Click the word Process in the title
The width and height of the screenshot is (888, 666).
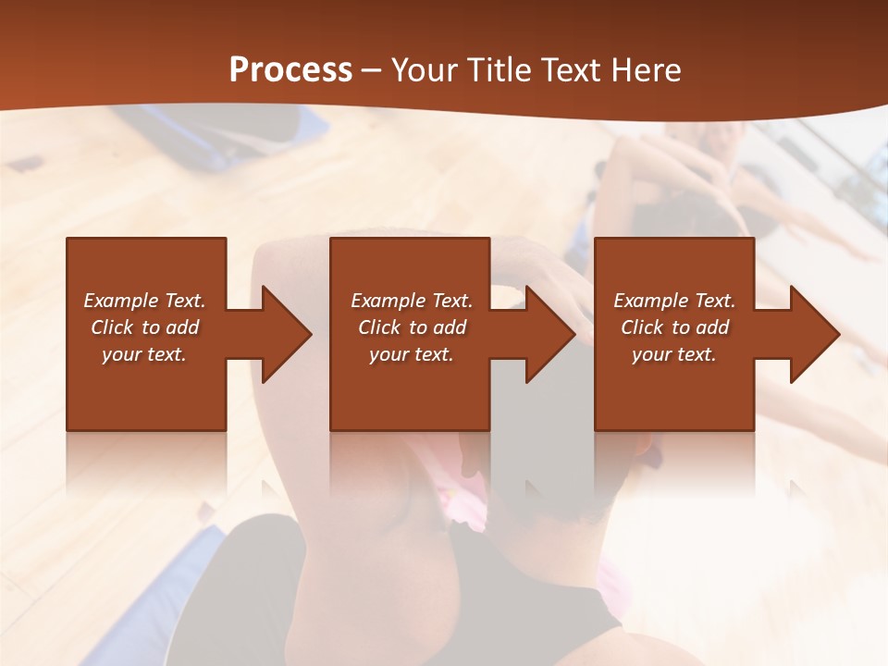click(290, 70)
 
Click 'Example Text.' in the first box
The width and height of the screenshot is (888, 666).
click(144, 301)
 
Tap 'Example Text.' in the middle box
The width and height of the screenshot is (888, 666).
click(412, 301)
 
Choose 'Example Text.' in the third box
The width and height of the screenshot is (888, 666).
click(674, 301)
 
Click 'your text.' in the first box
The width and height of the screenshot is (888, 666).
click(144, 354)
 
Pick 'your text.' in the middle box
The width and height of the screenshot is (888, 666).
click(412, 354)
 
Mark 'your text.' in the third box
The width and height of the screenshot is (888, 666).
click(674, 354)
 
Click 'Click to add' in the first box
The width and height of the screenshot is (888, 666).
click(145, 327)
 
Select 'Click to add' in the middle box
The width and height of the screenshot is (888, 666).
click(413, 327)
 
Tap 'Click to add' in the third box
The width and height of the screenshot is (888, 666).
click(675, 327)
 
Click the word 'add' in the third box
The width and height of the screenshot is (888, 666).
click(713, 327)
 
